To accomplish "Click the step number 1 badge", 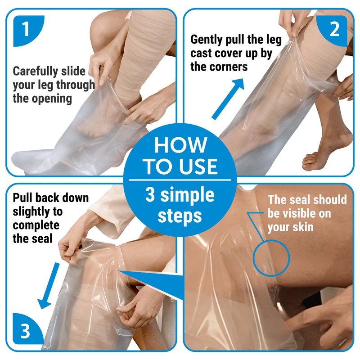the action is click(27, 29).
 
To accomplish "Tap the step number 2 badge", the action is click(333, 29).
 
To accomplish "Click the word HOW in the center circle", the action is click(181, 145).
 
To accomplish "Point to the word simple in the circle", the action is click(187, 195).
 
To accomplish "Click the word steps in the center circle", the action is click(180, 216).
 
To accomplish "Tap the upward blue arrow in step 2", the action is click(228, 99).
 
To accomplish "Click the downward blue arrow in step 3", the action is click(49, 286).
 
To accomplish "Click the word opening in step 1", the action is click(52, 99).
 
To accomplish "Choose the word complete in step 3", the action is click(36, 225).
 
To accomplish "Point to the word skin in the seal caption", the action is click(303, 227).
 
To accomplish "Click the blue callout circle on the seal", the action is click(253, 258).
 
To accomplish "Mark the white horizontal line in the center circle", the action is click(180, 180).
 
